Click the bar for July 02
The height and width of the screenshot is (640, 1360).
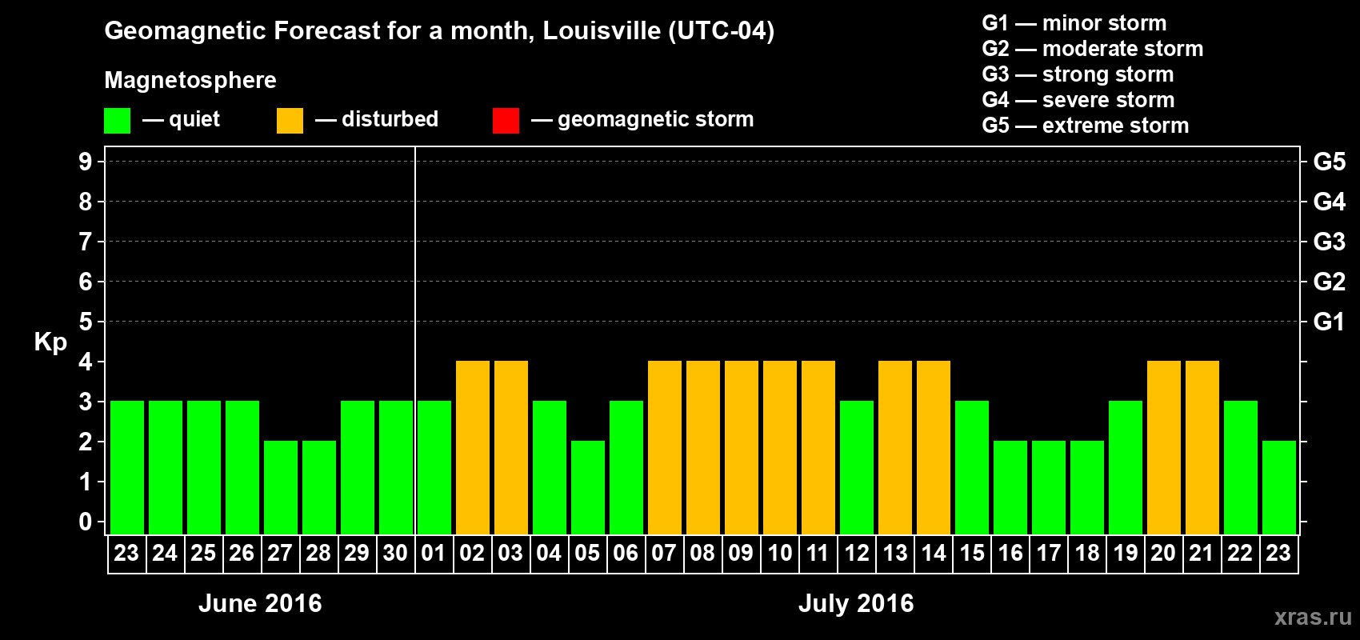(472, 447)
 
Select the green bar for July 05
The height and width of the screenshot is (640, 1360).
(587, 487)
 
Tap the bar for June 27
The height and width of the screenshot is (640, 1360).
(280, 487)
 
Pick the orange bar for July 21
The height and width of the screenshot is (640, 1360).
(1202, 447)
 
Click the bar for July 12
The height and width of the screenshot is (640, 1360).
(856, 467)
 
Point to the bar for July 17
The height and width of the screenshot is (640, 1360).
(1048, 487)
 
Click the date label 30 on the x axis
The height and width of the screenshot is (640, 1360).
(395, 553)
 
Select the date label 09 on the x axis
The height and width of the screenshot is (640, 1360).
(741, 553)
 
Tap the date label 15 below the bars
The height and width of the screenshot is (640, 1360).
(971, 553)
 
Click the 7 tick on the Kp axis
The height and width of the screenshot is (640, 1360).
(86, 242)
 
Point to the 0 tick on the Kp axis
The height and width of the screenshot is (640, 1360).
(86, 522)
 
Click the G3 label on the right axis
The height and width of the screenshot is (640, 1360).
(1329, 242)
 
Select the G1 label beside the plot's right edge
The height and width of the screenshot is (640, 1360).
(1329, 322)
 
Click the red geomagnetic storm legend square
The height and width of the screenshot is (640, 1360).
(506, 121)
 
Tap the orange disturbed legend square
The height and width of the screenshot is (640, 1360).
(290, 121)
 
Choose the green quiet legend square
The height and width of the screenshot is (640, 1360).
(117, 121)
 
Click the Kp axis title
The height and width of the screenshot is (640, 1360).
(50, 342)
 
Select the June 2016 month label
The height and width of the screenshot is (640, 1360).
(260, 603)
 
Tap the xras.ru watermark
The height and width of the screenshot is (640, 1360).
(1312, 616)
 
